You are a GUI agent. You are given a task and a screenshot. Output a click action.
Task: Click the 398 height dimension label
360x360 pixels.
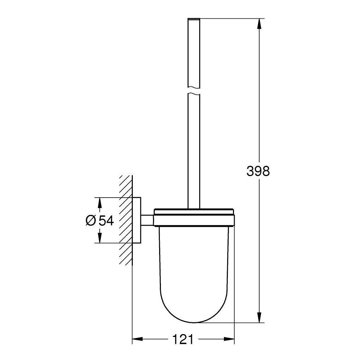pyautogui.click(x=258, y=171)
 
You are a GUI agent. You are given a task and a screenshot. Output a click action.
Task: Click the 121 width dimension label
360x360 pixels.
pyautogui.click(x=183, y=339)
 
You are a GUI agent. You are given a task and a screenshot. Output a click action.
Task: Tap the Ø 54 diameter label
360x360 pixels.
pyautogui.click(x=100, y=221)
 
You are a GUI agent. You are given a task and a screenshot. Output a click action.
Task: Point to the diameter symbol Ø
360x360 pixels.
pyautogui.click(x=90, y=221)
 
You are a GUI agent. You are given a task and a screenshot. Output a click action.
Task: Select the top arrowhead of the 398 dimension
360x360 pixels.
pyautogui.click(x=259, y=24)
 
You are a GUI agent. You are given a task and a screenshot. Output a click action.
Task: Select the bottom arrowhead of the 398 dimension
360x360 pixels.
pyautogui.click(x=259, y=317)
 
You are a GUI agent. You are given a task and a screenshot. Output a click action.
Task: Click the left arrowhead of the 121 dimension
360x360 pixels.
pyautogui.click(x=138, y=339)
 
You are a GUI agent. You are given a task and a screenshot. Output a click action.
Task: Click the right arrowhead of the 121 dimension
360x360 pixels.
pyautogui.click(x=229, y=339)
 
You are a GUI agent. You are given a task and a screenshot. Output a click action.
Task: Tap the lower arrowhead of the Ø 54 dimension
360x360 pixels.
pyautogui.click(x=99, y=237)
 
